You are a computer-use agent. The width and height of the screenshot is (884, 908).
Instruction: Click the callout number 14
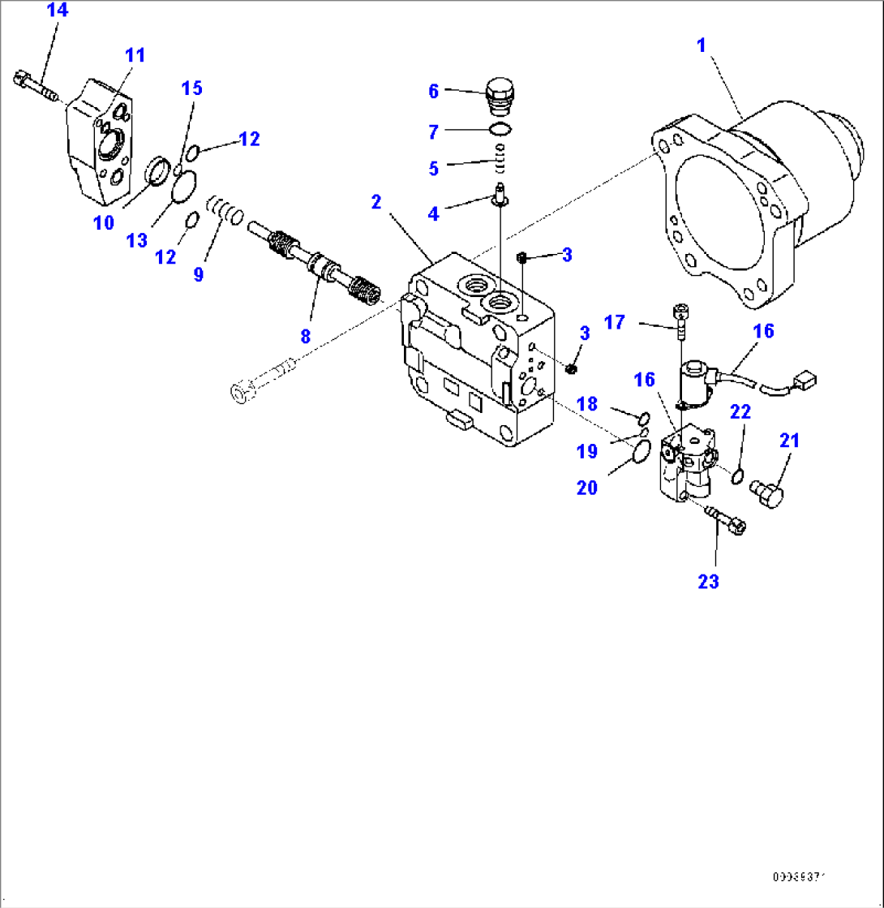pos(58,11)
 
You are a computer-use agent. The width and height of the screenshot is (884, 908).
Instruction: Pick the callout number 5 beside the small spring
pos(434,168)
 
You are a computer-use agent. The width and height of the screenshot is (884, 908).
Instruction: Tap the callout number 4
pos(434,213)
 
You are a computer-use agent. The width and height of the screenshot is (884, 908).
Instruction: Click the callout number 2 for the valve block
pos(376,202)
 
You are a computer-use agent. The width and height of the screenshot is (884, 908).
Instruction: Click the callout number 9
pos(199,274)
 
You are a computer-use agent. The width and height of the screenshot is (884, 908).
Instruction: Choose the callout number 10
pos(104,222)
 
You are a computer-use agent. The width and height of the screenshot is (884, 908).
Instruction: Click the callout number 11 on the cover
pos(135,55)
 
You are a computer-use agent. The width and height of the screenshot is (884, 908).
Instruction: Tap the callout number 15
pos(191,88)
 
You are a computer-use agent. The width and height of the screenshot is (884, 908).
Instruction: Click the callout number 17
pos(615,322)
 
